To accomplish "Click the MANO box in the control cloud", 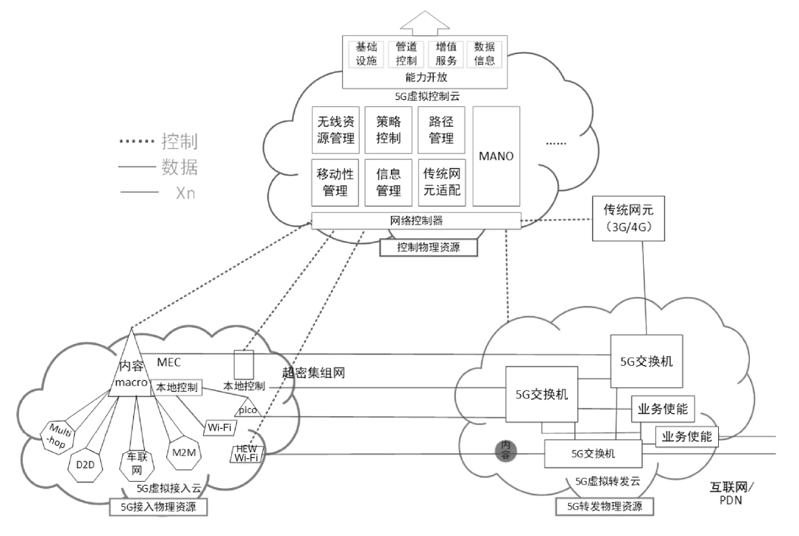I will (496, 156).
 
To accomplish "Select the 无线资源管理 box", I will (335, 130).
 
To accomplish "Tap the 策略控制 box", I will (388, 130).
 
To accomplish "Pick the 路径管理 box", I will (441, 130).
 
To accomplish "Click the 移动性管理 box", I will (335, 182).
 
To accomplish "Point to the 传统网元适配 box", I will (441, 182).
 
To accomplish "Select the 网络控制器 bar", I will (416, 221).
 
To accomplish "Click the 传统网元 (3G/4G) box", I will (629, 218).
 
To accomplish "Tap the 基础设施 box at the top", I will (366, 53).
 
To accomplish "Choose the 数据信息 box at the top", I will (484, 53).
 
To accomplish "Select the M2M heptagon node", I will (183, 453).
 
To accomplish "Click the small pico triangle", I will (248, 408).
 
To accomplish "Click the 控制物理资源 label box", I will (428, 248).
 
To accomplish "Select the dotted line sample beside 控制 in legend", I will (138, 142).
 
